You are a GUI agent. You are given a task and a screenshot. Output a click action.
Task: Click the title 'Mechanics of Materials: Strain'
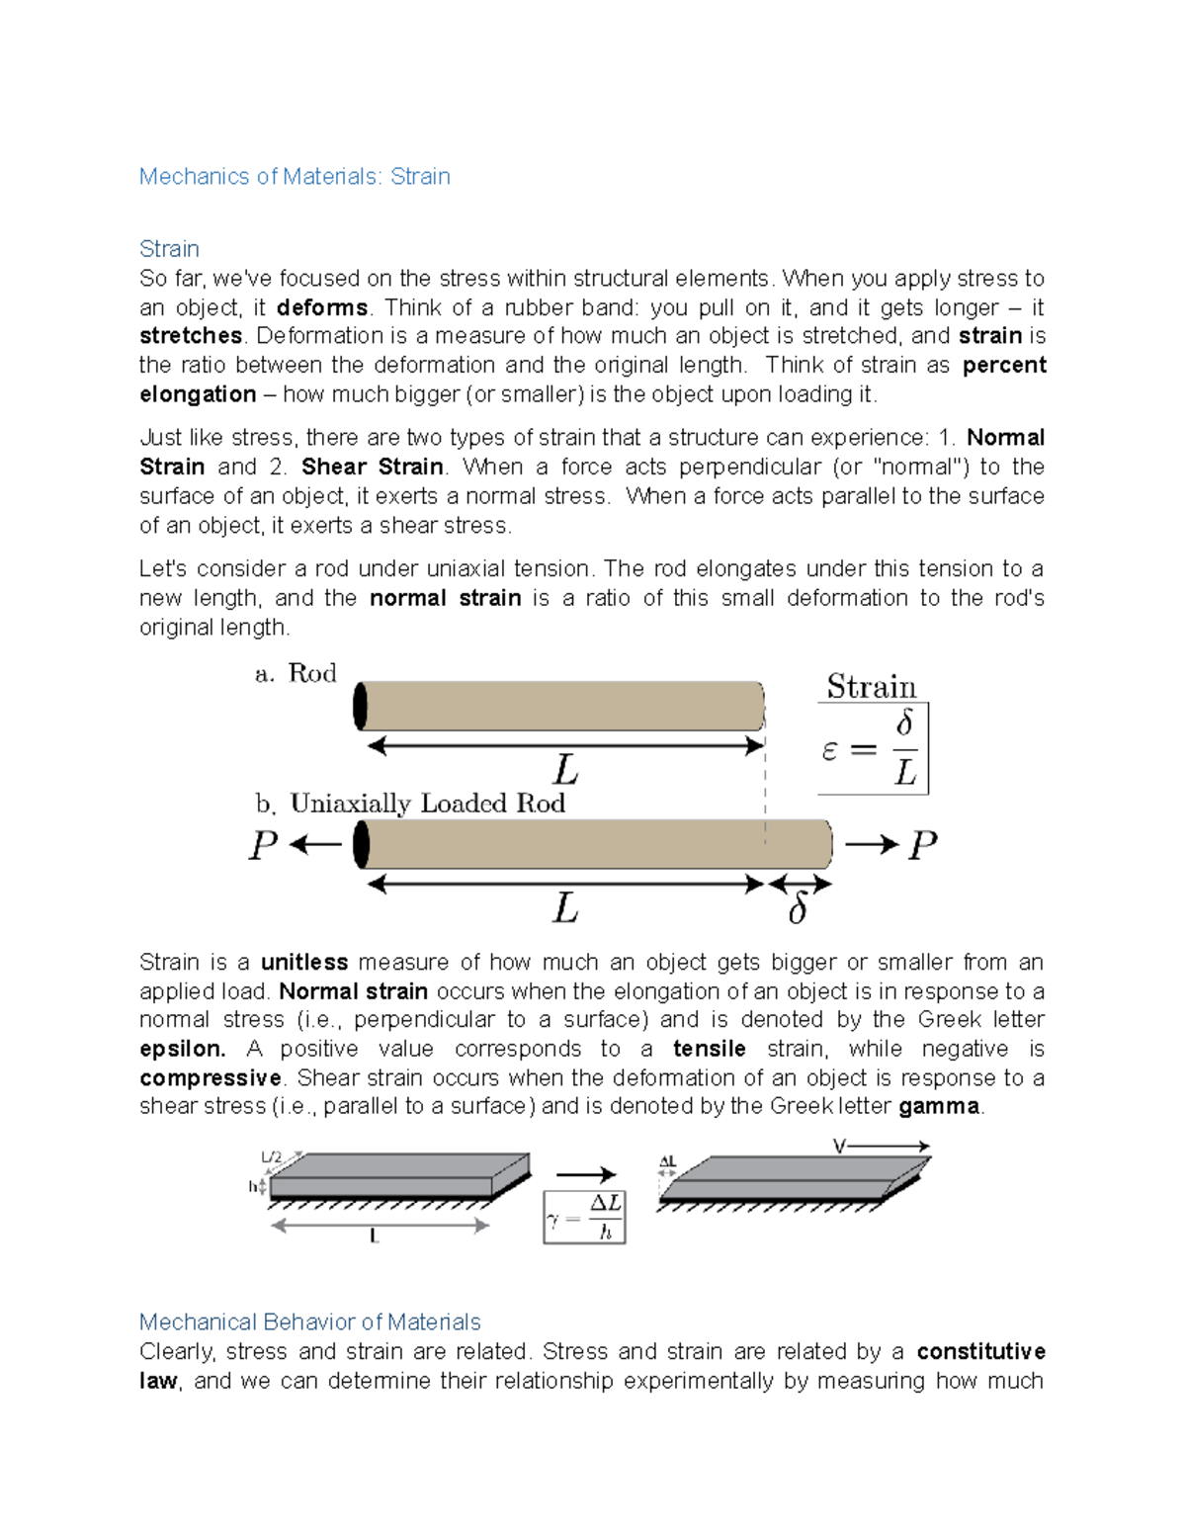click(295, 177)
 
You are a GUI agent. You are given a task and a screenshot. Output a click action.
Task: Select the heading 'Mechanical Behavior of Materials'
click(309, 1322)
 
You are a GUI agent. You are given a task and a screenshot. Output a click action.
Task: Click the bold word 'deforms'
click(322, 307)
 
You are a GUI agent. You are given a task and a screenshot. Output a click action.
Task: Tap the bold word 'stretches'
click(191, 336)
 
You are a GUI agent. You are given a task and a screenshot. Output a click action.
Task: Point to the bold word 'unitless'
click(304, 963)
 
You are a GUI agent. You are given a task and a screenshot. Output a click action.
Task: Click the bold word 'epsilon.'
click(182, 1049)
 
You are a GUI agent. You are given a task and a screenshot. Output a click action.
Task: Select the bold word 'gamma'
click(939, 1106)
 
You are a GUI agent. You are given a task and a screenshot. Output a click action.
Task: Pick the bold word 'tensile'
click(709, 1049)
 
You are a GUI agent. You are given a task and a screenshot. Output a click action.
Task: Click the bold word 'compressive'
click(211, 1077)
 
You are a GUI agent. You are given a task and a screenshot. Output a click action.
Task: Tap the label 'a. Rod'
click(296, 674)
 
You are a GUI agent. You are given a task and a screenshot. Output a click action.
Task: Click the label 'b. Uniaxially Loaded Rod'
click(410, 804)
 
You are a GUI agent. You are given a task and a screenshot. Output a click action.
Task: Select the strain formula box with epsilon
click(873, 748)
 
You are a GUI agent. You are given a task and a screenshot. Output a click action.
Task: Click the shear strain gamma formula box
click(584, 1217)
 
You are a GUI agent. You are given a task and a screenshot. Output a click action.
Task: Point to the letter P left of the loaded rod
click(263, 845)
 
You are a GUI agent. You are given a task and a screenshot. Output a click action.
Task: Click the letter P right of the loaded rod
click(922, 845)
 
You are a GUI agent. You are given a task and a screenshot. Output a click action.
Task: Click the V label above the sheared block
click(839, 1147)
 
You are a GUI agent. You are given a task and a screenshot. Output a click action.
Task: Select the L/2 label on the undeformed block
click(271, 1157)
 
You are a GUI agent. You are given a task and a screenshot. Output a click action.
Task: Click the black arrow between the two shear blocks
click(585, 1174)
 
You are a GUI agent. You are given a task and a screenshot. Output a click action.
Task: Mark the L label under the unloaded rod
click(565, 770)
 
